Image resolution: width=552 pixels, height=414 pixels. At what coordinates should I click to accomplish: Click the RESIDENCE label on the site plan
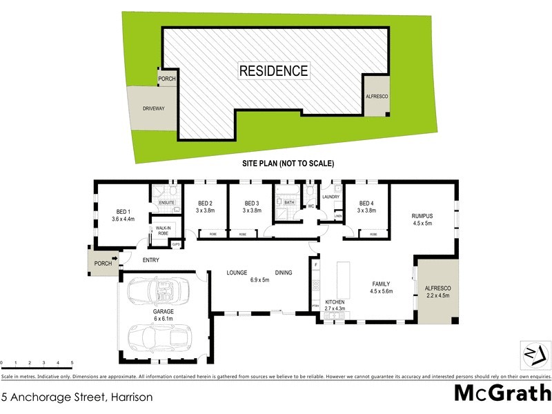pyautogui.click(x=274, y=70)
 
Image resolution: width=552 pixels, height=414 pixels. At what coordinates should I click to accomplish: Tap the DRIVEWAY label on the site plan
pyautogui.click(x=152, y=109)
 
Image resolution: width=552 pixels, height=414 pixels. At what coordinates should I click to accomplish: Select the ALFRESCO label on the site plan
pyautogui.click(x=376, y=98)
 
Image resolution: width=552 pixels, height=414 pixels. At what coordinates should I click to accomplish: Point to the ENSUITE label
pyautogui.click(x=167, y=202)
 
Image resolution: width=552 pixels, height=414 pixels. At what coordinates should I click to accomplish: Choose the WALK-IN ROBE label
pyautogui.click(x=163, y=230)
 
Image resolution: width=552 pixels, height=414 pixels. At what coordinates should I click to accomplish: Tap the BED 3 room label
pyautogui.click(x=252, y=203)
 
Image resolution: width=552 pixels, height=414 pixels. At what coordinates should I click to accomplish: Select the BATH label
pyautogui.click(x=289, y=202)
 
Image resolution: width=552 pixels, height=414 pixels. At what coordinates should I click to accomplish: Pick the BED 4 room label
pyautogui.click(x=366, y=203)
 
